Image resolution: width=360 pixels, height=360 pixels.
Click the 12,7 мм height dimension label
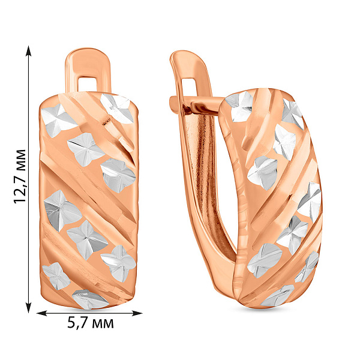20,176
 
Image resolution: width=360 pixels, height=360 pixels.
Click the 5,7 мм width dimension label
91,323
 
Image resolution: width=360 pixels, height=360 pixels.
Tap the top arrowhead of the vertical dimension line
28,50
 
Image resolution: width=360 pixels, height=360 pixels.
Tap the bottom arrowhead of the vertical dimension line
28,307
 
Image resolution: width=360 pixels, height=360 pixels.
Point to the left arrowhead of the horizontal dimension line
42,313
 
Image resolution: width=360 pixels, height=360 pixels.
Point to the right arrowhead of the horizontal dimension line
137,313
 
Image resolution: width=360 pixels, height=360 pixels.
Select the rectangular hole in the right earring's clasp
190,87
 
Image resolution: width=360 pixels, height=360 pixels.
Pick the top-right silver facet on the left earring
117,108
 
